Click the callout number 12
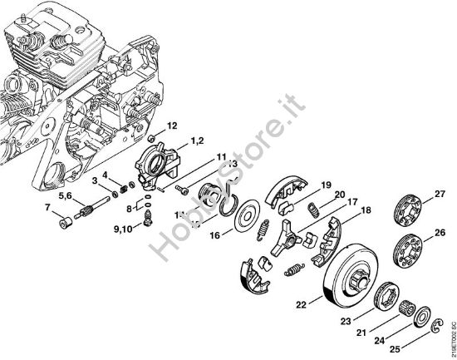tap(172, 126)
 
